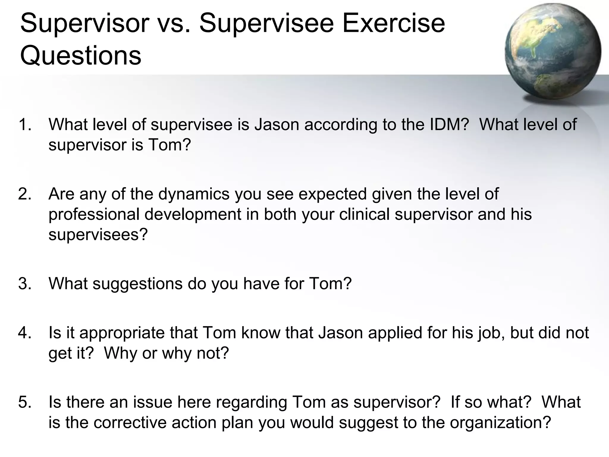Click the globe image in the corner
(x=553, y=51)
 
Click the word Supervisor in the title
(x=84, y=24)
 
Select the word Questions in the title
(x=81, y=56)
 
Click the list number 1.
(x=25, y=125)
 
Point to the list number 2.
(x=25, y=194)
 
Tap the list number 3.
(x=25, y=284)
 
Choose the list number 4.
(x=25, y=333)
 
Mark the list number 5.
(x=25, y=402)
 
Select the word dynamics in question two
(x=194, y=194)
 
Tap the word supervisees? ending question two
(x=98, y=235)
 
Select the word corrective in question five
(x=130, y=422)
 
